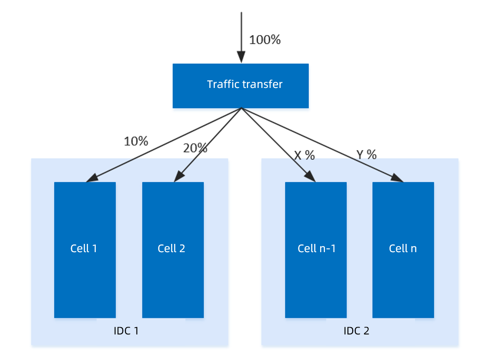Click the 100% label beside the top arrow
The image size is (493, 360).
pyautogui.click(x=265, y=39)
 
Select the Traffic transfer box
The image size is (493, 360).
pyautogui.click(x=240, y=86)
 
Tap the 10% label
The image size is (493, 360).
pyautogui.click(x=136, y=141)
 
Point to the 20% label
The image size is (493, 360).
pyautogui.click(x=195, y=148)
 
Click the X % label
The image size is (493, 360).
pyautogui.click(x=305, y=155)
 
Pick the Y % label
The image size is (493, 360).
pyautogui.click(x=367, y=154)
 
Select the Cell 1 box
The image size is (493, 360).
pyautogui.click(x=85, y=250)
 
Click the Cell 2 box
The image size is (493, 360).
pyautogui.click(x=173, y=250)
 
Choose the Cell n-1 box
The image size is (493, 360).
pyautogui.click(x=316, y=250)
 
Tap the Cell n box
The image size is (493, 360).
pyautogui.click(x=403, y=250)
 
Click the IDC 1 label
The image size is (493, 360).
pyautogui.click(x=126, y=331)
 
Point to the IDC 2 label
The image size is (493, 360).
pyautogui.click(x=356, y=331)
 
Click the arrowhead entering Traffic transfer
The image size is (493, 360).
pyautogui.click(x=241, y=57)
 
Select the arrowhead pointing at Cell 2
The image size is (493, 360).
pyautogui.click(x=179, y=176)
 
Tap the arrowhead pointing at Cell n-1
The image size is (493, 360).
pyautogui.click(x=310, y=176)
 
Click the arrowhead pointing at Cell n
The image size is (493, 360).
pyautogui.click(x=397, y=178)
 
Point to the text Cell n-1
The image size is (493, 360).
pyautogui.click(x=316, y=248)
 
